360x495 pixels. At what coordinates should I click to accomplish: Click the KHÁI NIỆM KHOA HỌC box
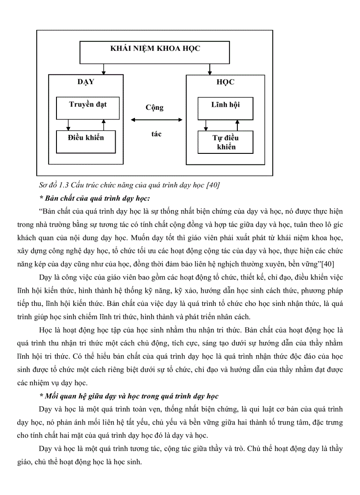(155, 53)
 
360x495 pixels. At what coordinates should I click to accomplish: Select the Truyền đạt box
(88, 108)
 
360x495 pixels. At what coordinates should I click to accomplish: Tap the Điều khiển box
(86, 141)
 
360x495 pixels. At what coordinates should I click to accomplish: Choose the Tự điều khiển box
(225, 142)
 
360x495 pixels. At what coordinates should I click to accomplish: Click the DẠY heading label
(86, 82)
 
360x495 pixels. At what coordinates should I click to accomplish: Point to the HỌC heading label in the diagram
(225, 82)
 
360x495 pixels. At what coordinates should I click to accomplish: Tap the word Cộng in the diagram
(154, 108)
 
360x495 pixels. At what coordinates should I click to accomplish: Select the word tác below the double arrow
(156, 134)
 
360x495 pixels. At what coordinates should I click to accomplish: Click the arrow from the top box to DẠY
(103, 69)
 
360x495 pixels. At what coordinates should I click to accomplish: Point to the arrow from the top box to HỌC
(210, 69)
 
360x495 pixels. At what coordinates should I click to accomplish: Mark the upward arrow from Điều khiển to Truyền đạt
(103, 125)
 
